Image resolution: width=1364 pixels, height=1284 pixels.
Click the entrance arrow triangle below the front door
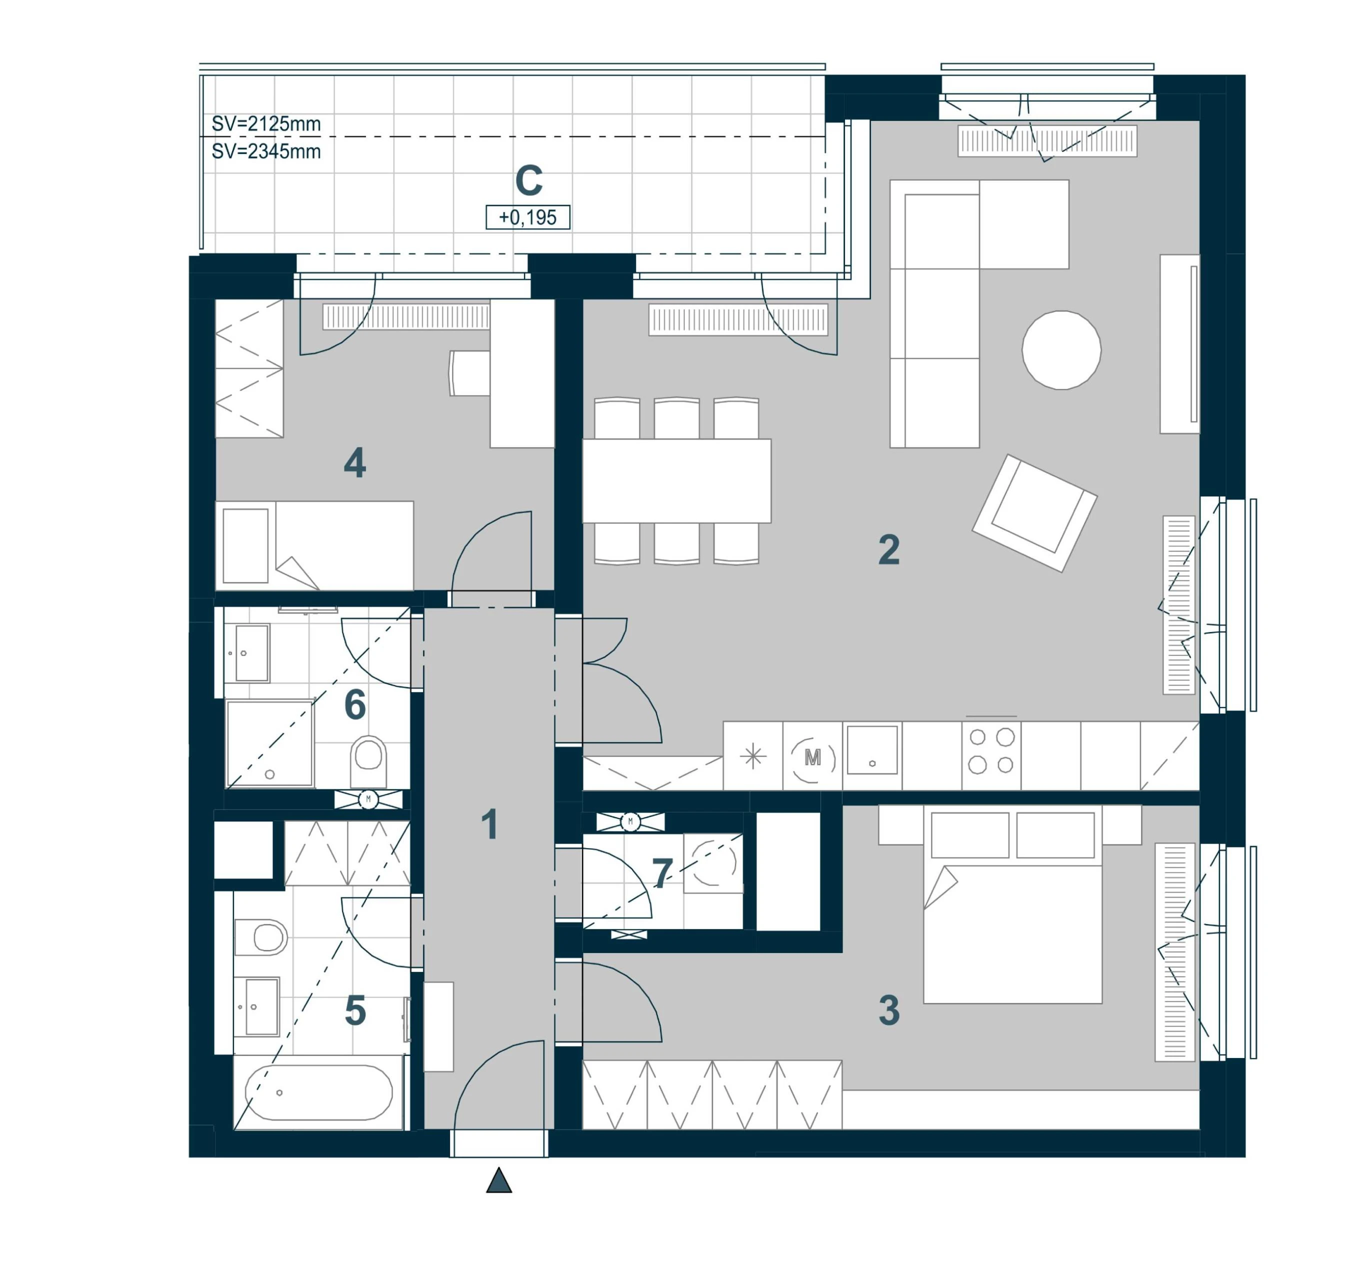click(499, 1180)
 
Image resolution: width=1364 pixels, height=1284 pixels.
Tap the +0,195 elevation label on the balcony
click(527, 217)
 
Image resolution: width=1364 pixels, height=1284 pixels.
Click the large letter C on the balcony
click(529, 180)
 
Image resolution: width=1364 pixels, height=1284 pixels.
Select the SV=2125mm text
click(266, 124)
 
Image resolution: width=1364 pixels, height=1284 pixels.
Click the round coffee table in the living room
click(1061, 350)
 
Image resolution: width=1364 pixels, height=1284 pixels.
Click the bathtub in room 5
click(318, 1092)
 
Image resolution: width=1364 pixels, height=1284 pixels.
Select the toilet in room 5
click(260, 937)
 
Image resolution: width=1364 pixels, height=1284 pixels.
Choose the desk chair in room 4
click(469, 373)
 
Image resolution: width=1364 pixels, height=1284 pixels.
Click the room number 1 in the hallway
click(489, 824)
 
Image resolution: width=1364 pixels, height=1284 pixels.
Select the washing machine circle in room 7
click(714, 863)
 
